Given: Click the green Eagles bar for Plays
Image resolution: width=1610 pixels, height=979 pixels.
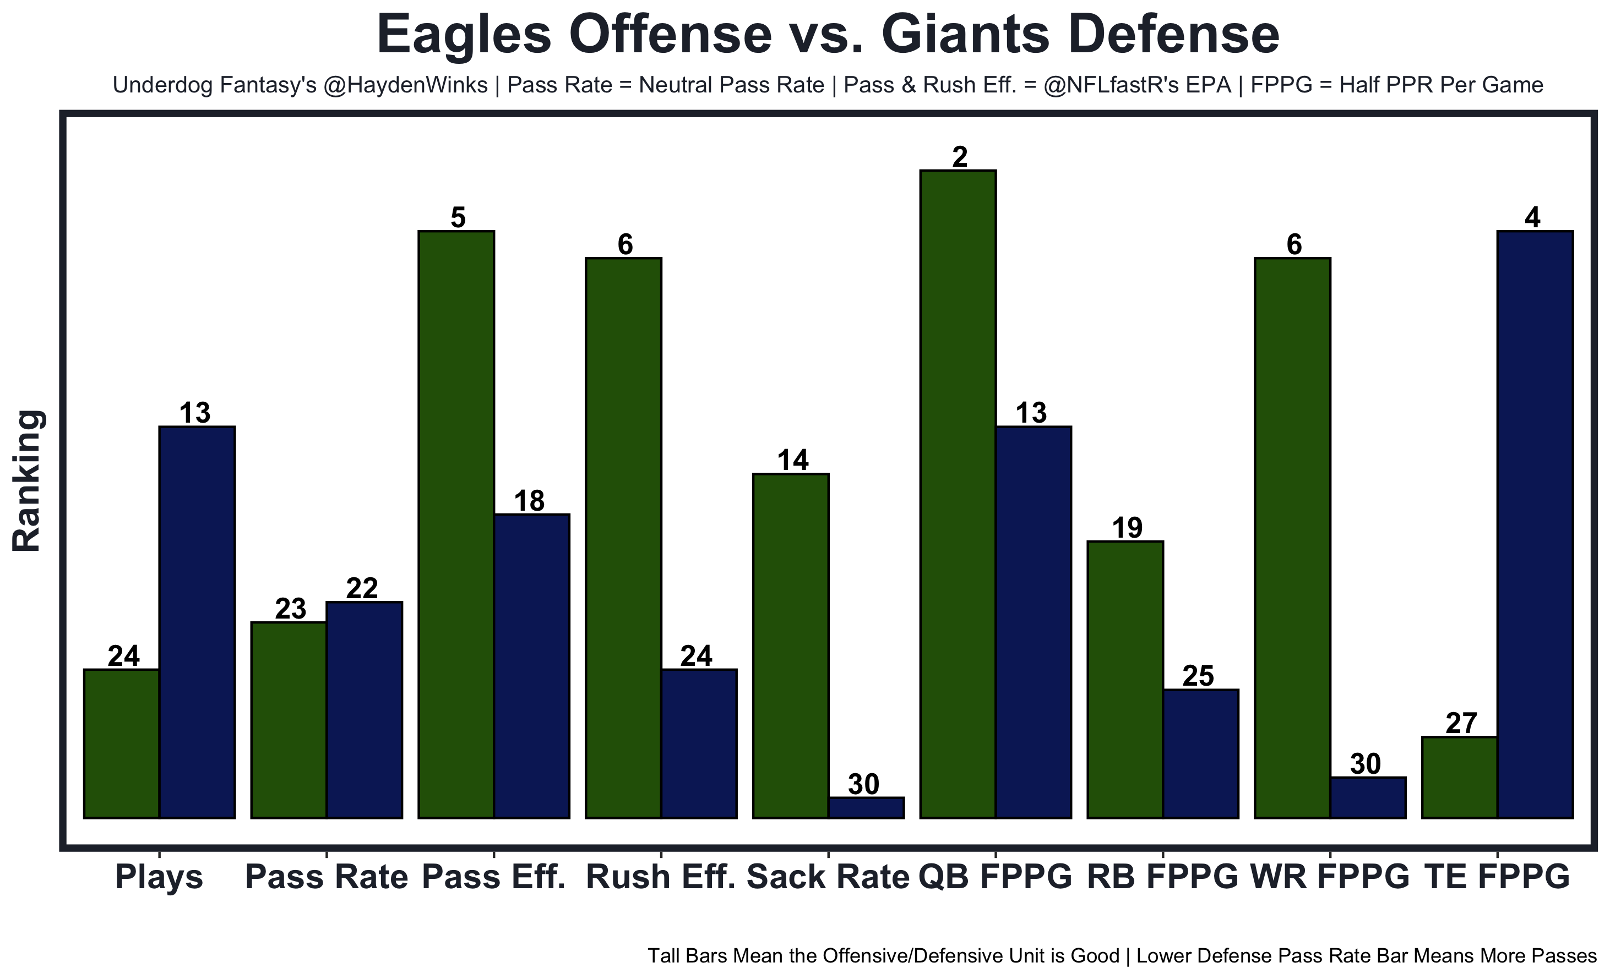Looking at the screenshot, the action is pyautogui.click(x=122, y=743).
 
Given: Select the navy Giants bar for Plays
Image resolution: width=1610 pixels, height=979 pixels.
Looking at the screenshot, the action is pyautogui.click(x=197, y=622).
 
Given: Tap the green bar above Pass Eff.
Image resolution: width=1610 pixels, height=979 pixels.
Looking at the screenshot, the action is pyautogui.click(x=456, y=524).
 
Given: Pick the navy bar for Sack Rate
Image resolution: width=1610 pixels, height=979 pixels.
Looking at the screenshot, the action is pyautogui.click(x=867, y=807).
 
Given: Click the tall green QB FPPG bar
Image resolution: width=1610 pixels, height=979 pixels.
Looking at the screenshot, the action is pyautogui.click(x=958, y=494).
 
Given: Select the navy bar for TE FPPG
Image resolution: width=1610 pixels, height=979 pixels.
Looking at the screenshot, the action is pyautogui.click(x=1536, y=524).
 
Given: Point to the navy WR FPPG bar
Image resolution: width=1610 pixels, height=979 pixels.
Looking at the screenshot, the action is pyautogui.click(x=1368, y=797).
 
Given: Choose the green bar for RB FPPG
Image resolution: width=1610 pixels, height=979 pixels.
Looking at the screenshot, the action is pyautogui.click(x=1125, y=679).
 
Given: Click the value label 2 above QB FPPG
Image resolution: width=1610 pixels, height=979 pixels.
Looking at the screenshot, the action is pyautogui.click(x=959, y=157).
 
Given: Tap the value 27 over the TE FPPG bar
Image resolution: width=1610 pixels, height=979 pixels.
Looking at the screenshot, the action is pyautogui.click(x=1461, y=724).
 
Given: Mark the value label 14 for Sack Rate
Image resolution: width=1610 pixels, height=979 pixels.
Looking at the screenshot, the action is pyautogui.click(x=792, y=461).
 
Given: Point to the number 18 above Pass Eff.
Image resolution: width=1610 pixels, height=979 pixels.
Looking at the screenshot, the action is pyautogui.click(x=529, y=501).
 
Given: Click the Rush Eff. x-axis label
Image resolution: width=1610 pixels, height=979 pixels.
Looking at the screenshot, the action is pyautogui.click(x=661, y=877).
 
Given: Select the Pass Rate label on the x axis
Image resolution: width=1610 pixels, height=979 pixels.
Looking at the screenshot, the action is pyautogui.click(x=327, y=877).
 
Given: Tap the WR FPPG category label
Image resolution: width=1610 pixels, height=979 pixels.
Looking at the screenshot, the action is pyautogui.click(x=1330, y=877).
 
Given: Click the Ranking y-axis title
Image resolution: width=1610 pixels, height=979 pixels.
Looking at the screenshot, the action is pyautogui.click(x=28, y=482).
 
